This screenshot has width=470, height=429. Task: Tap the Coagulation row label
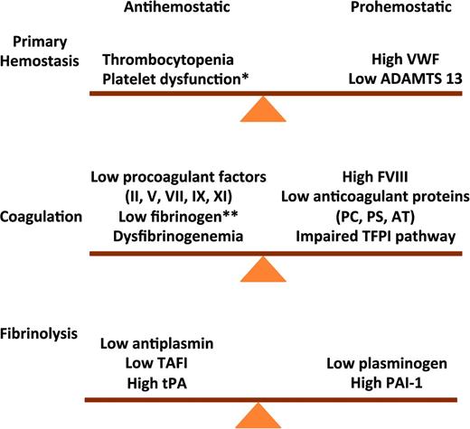(x=42, y=217)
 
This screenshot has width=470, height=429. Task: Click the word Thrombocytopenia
(x=174, y=60)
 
